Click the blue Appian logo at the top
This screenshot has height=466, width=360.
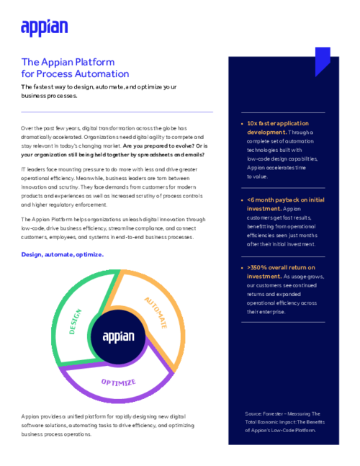[45, 27]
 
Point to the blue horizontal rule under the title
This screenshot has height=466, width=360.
[117, 112]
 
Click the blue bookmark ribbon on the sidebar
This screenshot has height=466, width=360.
[323, 61]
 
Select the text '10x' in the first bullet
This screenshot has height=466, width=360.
[253, 124]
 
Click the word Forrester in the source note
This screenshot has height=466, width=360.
[277, 413]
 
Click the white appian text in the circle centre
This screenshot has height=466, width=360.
[118, 336]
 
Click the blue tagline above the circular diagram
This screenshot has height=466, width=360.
[63, 254]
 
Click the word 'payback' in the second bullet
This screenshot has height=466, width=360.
[284, 200]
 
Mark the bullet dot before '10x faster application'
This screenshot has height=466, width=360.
[240, 124]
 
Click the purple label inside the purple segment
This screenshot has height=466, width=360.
[118, 381]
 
